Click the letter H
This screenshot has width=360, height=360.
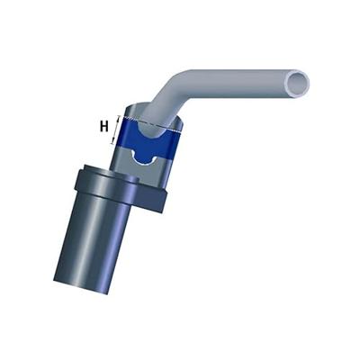click(104, 126)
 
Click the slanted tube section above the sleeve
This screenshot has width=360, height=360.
click(171, 103)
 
